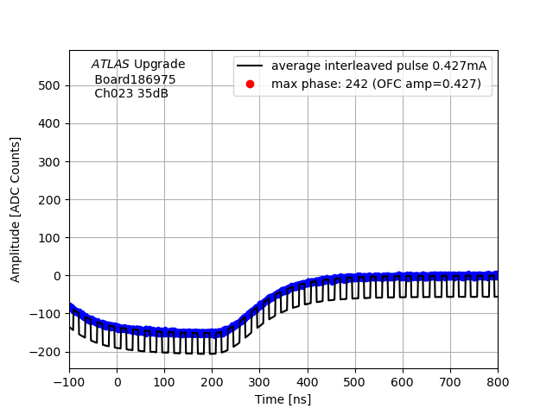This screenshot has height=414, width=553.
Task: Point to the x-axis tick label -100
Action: pyautogui.click(x=69, y=382)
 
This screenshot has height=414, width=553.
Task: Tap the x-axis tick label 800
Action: pyautogui.click(x=498, y=382)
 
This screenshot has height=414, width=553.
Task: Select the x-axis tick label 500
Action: pyautogui.click(x=355, y=382)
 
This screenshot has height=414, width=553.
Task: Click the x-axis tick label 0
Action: pyautogui.click(x=118, y=382)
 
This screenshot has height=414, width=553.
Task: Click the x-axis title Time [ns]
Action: pyautogui.click(x=283, y=399)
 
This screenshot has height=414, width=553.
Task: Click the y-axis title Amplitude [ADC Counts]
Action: pyautogui.click(x=16, y=210)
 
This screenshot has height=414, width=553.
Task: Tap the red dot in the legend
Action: pyautogui.click(x=251, y=84)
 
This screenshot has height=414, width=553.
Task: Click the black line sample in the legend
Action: pyautogui.click(x=251, y=66)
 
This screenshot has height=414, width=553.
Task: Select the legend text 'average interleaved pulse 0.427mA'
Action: pyautogui.click(x=378, y=66)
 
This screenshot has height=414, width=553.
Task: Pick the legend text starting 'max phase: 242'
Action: pyautogui.click(x=376, y=84)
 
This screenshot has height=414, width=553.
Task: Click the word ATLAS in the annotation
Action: pyautogui.click(x=111, y=64)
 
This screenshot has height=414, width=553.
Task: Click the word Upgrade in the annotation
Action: pyautogui.click(x=160, y=64)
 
